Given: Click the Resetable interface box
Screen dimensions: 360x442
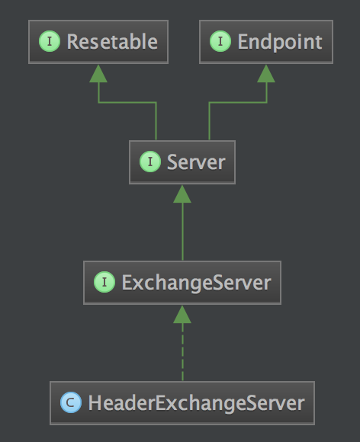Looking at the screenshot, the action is (98, 42).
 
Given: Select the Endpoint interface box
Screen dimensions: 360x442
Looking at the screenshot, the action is (266, 42).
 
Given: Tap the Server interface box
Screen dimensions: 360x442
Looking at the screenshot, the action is (182, 162).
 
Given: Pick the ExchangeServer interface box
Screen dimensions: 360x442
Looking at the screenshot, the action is (182, 283).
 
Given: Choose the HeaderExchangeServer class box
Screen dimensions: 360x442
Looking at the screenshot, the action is (182, 403).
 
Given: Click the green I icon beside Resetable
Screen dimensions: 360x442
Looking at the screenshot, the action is (50, 41).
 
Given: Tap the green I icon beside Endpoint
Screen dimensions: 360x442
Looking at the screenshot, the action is (220, 41).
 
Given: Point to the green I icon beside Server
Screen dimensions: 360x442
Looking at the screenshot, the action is (150, 162).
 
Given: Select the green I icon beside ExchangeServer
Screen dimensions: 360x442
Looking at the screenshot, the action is (104, 282).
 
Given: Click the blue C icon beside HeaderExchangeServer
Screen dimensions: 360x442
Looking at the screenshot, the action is (71, 402).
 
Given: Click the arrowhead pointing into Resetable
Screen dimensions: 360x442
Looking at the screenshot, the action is (98, 74).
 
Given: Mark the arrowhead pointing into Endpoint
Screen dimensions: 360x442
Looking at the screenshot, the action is (266, 74).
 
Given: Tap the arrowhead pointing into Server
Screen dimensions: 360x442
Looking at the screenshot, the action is (182, 194).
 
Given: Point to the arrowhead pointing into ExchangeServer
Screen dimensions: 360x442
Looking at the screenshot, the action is (182, 315).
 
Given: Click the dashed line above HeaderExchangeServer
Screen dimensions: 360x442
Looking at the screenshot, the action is (182, 352).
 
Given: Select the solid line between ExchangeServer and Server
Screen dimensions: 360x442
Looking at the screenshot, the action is (182, 232).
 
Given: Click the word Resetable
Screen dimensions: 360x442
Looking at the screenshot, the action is (112, 42).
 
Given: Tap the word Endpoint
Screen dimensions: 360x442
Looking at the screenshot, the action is (280, 43).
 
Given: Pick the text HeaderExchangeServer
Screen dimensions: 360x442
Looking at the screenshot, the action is (196, 403).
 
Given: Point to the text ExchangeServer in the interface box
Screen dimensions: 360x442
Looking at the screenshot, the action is (196, 283).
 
